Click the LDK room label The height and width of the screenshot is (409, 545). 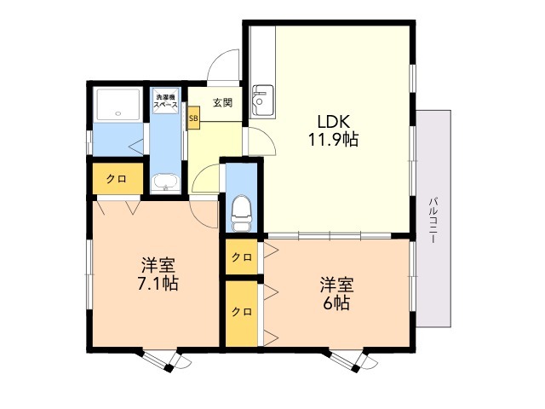(x=333, y=121)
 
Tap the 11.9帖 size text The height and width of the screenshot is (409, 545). (x=333, y=140)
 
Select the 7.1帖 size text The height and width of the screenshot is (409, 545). (x=158, y=284)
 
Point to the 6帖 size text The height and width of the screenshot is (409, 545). (x=336, y=303)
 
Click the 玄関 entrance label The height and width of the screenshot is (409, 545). (x=222, y=102)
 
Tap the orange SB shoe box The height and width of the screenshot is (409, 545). (x=193, y=118)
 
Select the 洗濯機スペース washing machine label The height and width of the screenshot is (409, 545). (x=165, y=101)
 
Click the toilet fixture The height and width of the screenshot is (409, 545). (x=241, y=213)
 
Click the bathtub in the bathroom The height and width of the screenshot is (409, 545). (x=119, y=105)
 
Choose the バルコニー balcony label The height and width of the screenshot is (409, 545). (x=433, y=220)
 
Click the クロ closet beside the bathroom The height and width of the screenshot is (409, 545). (x=118, y=179)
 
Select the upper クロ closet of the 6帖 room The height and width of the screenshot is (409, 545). (x=242, y=257)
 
